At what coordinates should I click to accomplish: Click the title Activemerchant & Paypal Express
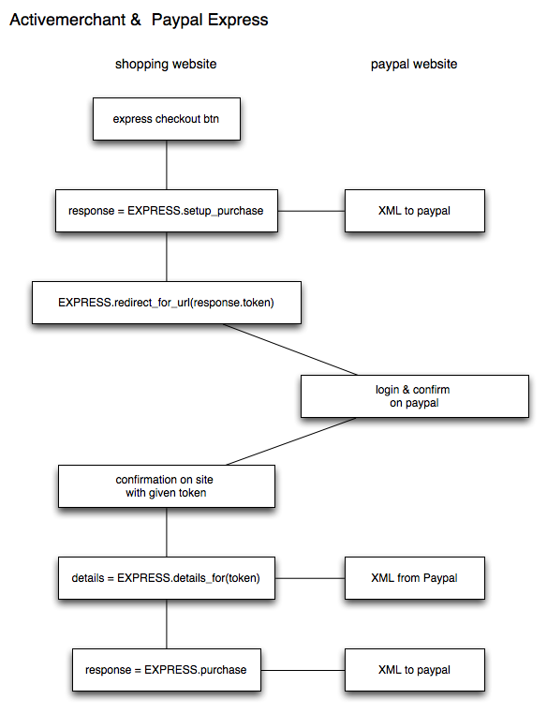[x=139, y=20]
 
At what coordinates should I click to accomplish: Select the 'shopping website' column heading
[x=166, y=65]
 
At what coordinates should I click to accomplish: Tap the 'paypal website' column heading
[x=414, y=65]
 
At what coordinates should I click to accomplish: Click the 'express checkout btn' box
[x=166, y=119]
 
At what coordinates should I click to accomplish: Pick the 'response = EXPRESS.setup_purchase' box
[x=166, y=211]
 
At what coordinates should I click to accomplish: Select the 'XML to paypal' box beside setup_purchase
[x=414, y=211]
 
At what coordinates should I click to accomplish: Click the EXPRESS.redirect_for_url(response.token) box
[x=166, y=303]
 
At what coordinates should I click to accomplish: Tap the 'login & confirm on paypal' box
[x=414, y=395]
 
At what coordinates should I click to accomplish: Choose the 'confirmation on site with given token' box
[x=166, y=486]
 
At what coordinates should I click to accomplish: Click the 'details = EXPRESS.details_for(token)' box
[x=166, y=578]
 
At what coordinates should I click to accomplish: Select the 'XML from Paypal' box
[x=414, y=578]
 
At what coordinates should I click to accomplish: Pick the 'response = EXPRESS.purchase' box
[x=166, y=670]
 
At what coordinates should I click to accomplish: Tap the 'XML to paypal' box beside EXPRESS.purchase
[x=414, y=670]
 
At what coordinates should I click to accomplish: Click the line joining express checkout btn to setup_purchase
[x=167, y=165]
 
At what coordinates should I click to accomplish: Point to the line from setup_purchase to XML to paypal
[x=312, y=211]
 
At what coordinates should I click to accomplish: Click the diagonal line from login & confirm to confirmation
[x=290, y=441]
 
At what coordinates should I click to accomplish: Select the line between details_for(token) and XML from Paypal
[x=312, y=578]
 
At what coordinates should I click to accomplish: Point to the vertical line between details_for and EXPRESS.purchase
[x=167, y=624]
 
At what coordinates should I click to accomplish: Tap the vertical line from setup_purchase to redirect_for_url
[x=167, y=257]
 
